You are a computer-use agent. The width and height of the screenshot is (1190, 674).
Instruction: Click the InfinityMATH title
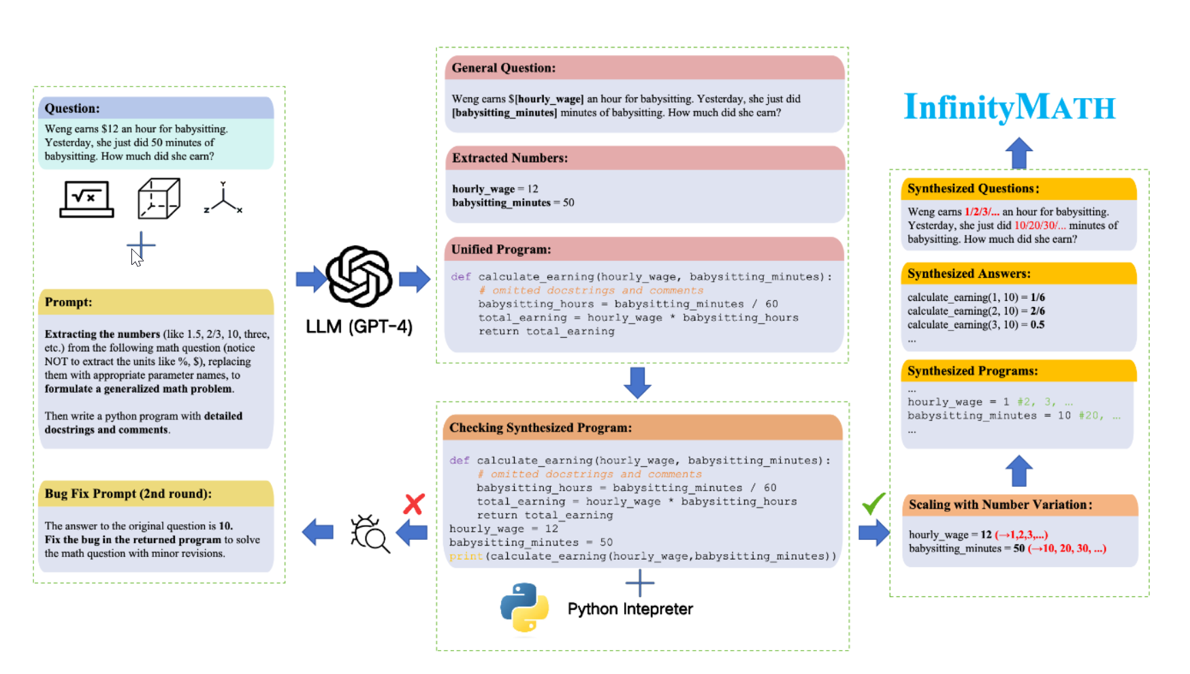coord(1009,108)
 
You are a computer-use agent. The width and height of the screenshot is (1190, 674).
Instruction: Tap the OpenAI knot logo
coord(359,276)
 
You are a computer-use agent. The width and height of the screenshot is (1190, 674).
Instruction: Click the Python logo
coord(524,607)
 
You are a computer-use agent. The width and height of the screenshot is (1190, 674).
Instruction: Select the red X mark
coord(414,504)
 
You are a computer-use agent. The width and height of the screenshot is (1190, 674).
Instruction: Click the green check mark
coord(873,503)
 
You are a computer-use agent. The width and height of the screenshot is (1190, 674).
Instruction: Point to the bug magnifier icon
coord(369,533)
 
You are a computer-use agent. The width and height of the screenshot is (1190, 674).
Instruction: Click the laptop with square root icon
coord(86,199)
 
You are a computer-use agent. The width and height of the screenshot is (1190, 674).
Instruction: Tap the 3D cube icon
coord(159,199)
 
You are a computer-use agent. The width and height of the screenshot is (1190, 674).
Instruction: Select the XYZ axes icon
coord(223,198)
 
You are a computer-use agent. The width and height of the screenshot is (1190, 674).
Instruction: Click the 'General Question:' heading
coord(504,68)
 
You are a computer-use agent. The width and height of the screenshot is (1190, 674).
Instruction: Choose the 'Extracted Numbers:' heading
coord(510,158)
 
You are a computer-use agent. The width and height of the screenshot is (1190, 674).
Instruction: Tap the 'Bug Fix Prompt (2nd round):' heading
coord(128,494)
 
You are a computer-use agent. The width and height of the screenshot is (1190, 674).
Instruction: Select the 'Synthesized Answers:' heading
coord(969,274)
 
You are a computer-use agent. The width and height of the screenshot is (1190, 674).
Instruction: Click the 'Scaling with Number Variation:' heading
coord(1000,504)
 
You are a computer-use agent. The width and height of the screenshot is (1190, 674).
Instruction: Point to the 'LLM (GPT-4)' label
coord(359,327)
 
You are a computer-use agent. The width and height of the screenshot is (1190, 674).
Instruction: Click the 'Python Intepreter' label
coord(630,609)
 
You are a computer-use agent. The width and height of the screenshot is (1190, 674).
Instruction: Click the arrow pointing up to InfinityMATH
coord(1019,153)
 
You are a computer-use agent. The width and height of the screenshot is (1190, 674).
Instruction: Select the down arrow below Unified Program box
coord(637,383)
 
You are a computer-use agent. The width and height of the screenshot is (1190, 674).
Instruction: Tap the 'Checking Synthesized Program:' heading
coord(541,428)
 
